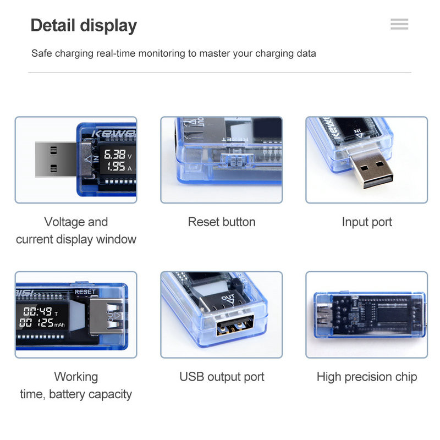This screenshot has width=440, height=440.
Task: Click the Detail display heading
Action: pos(84,26)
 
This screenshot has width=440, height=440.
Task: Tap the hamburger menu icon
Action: pos(399,24)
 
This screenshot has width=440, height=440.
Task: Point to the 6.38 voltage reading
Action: pos(114,155)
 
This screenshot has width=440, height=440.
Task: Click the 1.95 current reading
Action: pos(115,167)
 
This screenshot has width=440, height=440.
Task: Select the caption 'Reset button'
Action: pos(222,222)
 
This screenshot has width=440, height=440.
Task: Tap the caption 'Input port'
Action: pos(367,222)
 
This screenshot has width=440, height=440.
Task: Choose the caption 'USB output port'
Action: pos(222,377)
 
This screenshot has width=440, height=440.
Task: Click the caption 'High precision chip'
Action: pos(367,377)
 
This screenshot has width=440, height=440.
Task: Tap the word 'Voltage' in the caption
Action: pos(65,222)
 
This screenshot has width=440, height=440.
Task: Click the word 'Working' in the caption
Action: pos(76,377)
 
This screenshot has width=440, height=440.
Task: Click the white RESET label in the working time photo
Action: pos(85,292)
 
